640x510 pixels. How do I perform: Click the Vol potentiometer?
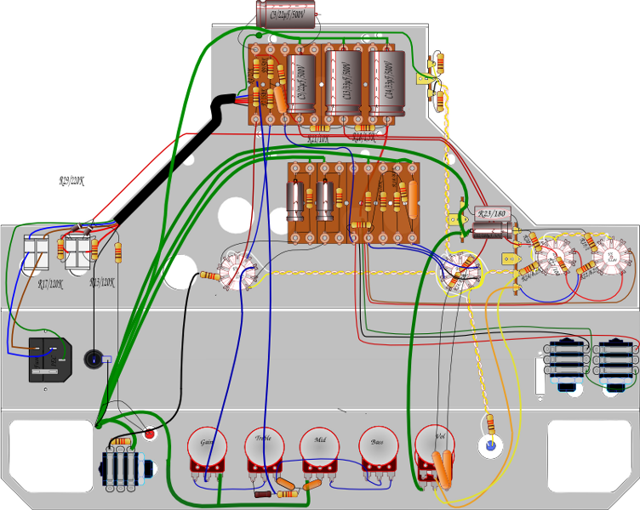point(435,445)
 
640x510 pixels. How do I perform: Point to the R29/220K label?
point(72,181)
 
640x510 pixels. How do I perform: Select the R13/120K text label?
point(102,283)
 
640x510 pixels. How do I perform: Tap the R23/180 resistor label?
point(491,214)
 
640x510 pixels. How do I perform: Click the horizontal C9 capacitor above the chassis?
point(287,14)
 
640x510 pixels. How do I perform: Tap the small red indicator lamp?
point(151,435)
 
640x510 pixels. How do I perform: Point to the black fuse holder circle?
point(94,360)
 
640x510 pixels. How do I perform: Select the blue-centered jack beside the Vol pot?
point(489,444)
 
